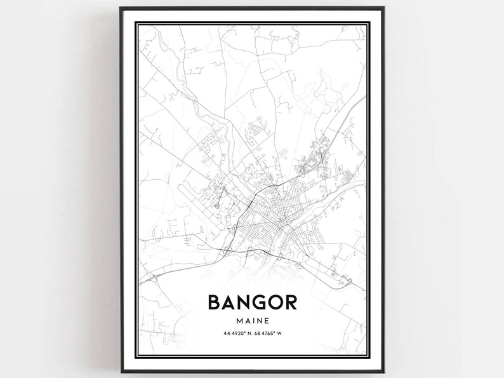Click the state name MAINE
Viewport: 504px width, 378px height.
252,320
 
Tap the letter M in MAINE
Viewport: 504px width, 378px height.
239,320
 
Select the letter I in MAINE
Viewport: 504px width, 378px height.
252,320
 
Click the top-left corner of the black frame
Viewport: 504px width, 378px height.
120,8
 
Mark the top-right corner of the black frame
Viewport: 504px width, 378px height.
383,8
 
